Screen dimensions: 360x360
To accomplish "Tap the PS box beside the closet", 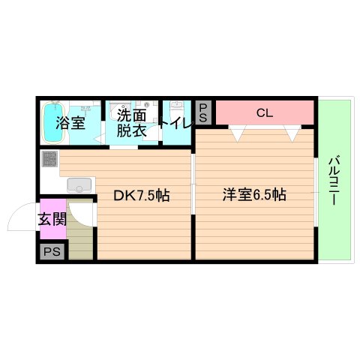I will point(203,112).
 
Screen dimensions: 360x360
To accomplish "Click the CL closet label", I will point(263,113).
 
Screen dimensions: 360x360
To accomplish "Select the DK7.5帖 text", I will point(141,196).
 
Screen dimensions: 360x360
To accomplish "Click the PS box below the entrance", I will point(52,252).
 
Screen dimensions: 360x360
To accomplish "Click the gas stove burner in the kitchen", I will point(49,159).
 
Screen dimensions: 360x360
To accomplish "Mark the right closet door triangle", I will point(291,133).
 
